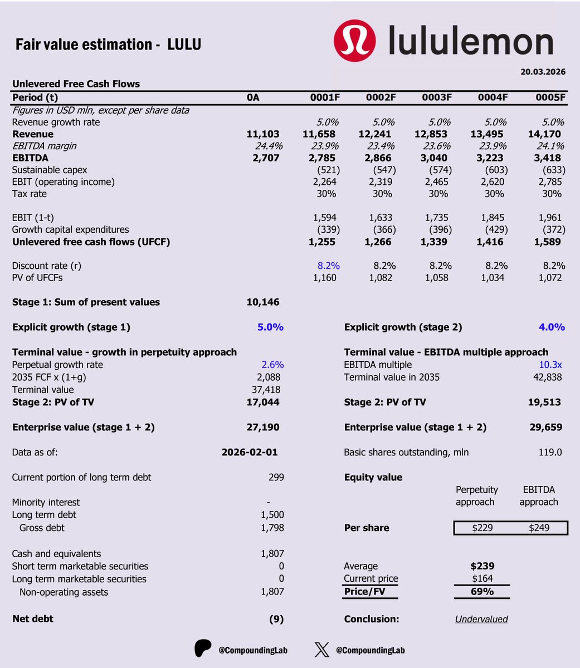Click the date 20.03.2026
544,72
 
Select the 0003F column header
437,97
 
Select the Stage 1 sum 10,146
263,302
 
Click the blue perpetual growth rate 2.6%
272,365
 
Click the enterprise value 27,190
263,428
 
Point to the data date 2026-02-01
250,453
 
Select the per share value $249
539,528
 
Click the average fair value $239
482,566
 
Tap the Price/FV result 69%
482,591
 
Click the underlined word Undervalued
481,619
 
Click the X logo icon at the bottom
322,650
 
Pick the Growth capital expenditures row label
70,229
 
